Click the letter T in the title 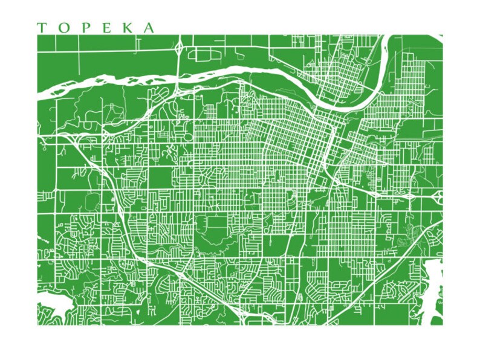coord(42,28)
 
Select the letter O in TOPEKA coord(62,28)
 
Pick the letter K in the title coord(125,28)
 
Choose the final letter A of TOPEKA coord(148,28)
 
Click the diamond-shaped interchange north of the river coord(180,47)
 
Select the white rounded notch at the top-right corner coord(441,37)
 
